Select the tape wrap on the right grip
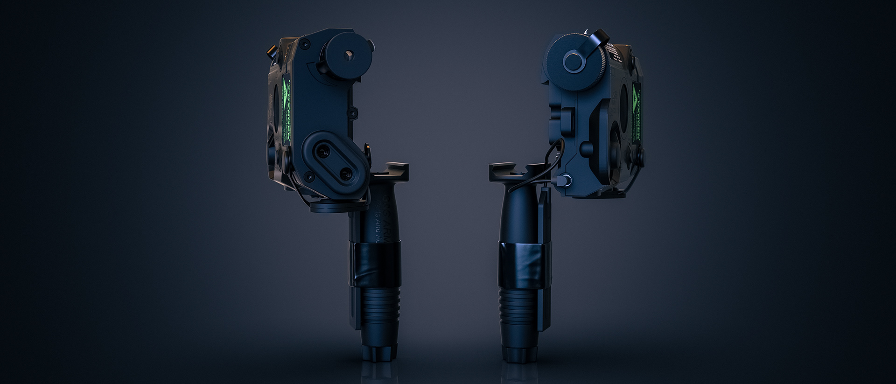click(523, 264)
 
